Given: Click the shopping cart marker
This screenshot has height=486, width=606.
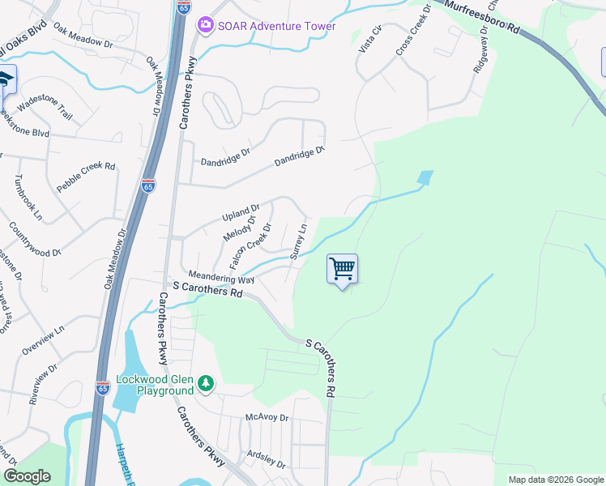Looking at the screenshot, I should [x=343, y=269].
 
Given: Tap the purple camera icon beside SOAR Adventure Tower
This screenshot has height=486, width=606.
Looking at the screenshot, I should [x=205, y=26].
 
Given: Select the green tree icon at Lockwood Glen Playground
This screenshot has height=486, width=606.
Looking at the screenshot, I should [x=207, y=382].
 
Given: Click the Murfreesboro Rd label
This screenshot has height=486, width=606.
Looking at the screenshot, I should [x=483, y=19].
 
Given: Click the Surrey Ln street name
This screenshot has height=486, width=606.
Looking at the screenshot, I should [x=299, y=241].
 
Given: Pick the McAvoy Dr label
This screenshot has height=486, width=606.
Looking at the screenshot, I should [x=267, y=418].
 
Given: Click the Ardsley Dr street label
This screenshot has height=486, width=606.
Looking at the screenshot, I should [x=267, y=460].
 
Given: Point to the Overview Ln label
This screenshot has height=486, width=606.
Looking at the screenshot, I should [x=43, y=341].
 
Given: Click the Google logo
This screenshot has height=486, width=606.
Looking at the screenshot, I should [x=28, y=476].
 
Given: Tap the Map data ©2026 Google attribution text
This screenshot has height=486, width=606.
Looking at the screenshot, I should [x=555, y=480].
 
